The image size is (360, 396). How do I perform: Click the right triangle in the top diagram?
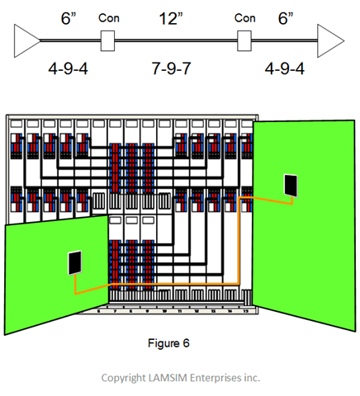coord(330,39)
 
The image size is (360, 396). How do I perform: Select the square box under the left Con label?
coord(107,39)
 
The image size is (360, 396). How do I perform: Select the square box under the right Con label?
coord(244,39)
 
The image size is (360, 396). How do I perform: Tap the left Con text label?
coord(107,16)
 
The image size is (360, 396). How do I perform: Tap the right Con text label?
coord(244,16)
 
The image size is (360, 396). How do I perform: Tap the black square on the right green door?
coord(290,185)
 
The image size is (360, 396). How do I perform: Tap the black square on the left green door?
coord(74,263)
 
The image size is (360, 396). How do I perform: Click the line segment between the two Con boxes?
coord(175,39)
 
